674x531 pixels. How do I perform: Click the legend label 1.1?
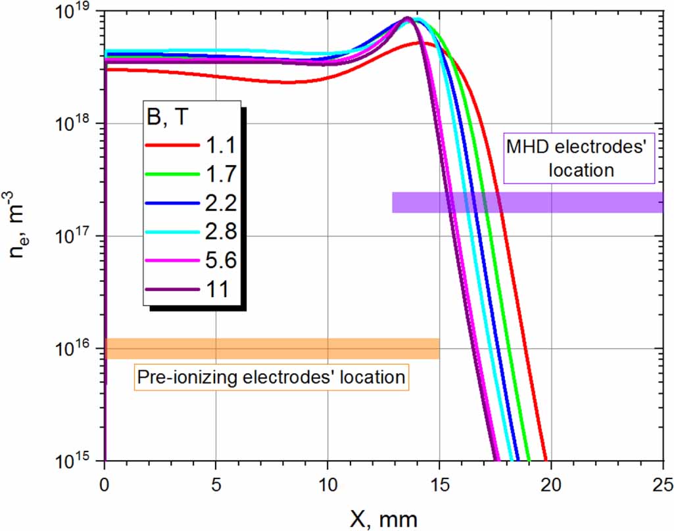(216, 146)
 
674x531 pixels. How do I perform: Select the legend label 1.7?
(216, 174)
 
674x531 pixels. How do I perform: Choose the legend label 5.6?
(216, 261)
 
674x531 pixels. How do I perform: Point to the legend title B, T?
(174, 119)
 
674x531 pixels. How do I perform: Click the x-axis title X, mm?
(383, 519)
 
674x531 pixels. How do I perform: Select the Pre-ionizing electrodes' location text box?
(271, 378)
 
